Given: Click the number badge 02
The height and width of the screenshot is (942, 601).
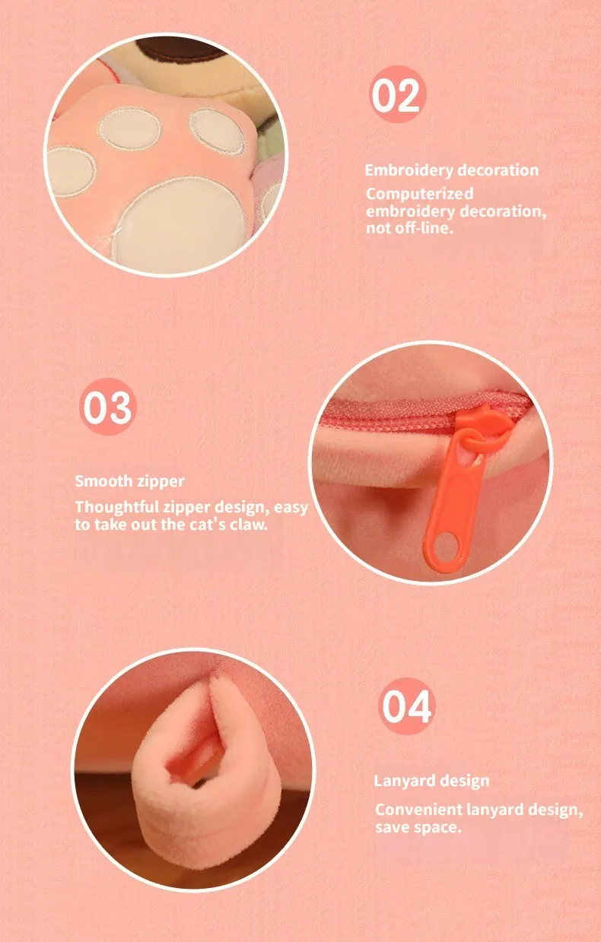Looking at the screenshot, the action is coord(397,94).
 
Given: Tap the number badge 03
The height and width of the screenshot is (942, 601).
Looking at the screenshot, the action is coord(108,407).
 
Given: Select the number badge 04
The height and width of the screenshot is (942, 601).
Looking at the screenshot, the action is coord(406,706).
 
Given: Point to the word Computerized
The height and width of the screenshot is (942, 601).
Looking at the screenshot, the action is coord(420,195).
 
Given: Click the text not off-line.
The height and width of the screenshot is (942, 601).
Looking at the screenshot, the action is coord(409,228).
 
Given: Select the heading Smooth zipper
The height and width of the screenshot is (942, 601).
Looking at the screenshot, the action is coord(129,481).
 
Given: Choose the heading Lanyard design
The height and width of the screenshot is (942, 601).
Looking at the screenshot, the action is coord(432,782).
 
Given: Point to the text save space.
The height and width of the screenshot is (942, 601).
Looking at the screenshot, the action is coord(418,828).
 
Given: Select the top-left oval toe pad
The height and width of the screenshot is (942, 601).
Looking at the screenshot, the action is coord(129,129).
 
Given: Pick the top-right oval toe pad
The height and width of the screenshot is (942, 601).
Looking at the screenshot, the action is coord(217,132).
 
